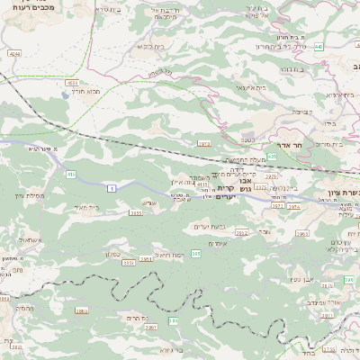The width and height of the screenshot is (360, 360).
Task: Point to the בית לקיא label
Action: (149, 45)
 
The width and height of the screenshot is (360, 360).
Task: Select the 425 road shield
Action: (272, 156)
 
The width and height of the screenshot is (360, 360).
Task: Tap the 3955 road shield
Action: (136, 213)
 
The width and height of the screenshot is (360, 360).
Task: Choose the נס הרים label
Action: (138, 317)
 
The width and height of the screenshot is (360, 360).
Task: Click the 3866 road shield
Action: (82, 310)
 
